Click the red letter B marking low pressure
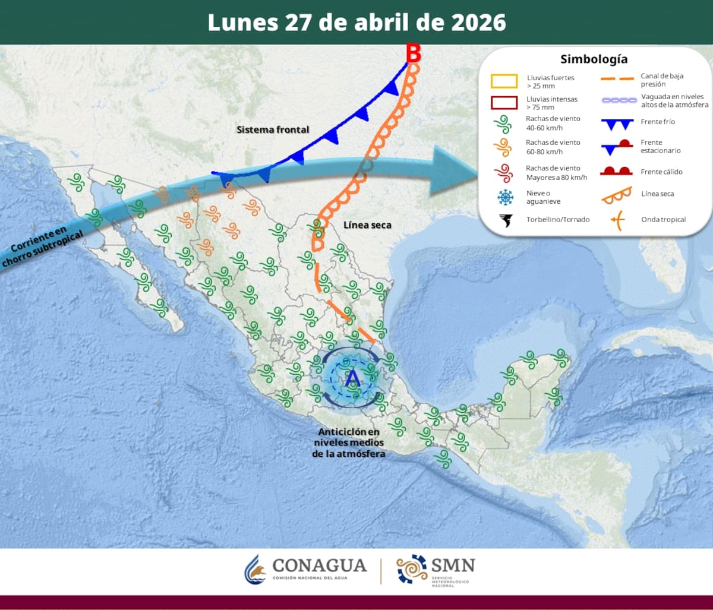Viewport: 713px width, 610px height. click(x=414, y=53)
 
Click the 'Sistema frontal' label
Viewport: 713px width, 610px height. click(x=273, y=129)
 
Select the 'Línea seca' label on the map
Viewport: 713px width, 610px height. click(x=367, y=225)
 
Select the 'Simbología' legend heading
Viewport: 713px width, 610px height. click(x=594, y=59)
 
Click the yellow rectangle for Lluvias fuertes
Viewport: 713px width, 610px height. click(x=504, y=81)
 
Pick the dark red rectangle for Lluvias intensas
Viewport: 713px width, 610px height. click(x=504, y=103)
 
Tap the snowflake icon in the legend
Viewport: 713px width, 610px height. click(x=505, y=197)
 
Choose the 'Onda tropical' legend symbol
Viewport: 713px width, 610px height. click(x=617, y=220)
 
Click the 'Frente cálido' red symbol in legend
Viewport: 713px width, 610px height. click(x=617, y=172)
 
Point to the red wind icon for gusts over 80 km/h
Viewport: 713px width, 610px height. click(x=504, y=173)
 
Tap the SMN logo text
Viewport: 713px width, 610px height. click(x=453, y=565)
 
